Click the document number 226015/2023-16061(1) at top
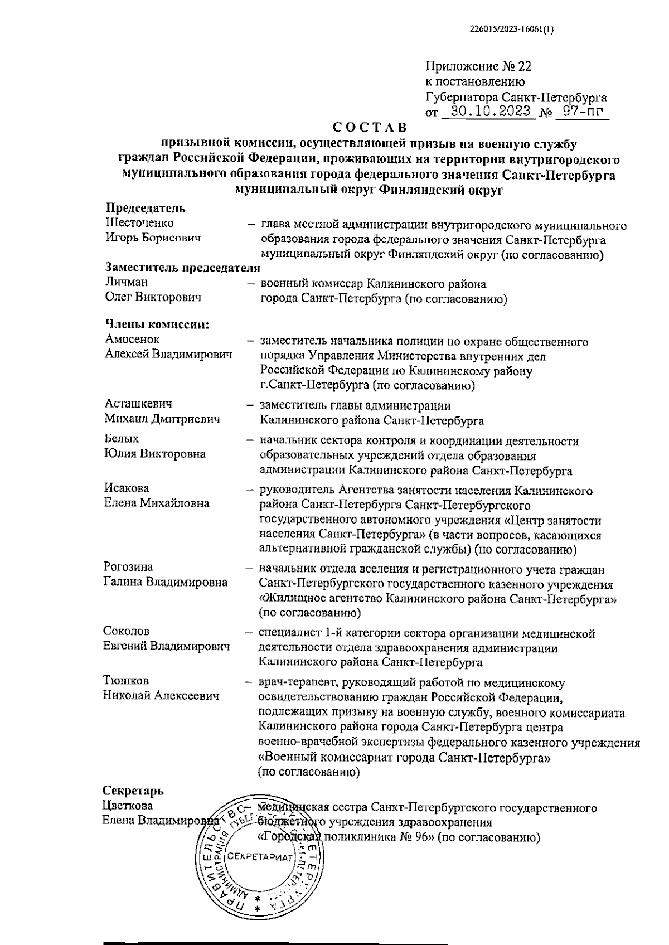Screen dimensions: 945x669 click(508, 31)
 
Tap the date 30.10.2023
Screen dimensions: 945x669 click(491, 111)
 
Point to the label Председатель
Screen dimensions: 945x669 click(146, 209)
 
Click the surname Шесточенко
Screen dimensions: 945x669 click(139, 223)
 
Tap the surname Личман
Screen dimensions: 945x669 click(127, 282)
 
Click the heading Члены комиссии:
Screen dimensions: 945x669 click(157, 324)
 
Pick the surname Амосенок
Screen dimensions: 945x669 click(132, 339)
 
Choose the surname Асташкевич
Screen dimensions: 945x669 click(138, 404)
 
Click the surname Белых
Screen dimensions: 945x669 click(122, 439)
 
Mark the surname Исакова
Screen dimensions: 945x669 click(127, 488)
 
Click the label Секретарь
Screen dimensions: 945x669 click(133, 791)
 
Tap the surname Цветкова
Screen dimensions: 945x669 click(128, 806)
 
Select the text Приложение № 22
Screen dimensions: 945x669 click(478, 67)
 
